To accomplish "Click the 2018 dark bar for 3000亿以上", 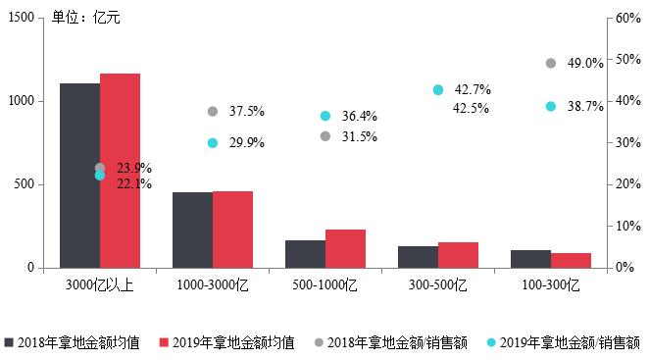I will [79, 176].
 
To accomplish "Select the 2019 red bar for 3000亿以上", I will [120, 171].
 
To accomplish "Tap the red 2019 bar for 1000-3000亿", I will [232, 230].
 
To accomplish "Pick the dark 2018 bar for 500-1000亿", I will [305, 254].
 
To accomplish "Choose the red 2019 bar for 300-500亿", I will [458, 255].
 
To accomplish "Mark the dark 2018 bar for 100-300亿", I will [530, 259].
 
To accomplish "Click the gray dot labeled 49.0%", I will [550, 64].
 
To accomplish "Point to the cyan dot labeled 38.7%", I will [550, 106].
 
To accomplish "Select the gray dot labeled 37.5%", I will [213, 112].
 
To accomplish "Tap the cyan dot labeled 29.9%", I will [213, 143].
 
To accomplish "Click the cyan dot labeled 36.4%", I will [325, 116].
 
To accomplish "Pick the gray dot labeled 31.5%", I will [325, 136].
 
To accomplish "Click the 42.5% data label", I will [472, 108].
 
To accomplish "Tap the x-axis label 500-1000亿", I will [325, 285].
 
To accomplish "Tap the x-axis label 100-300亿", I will [550, 285].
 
